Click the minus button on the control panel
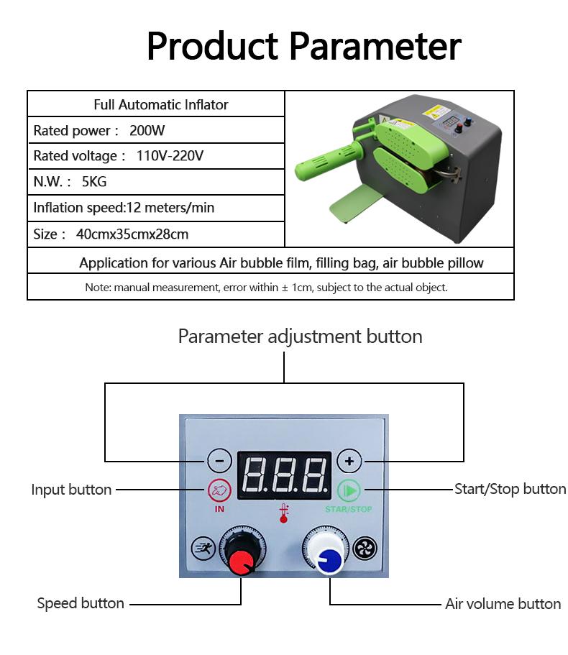click(x=220, y=460)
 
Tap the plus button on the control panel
click(x=349, y=460)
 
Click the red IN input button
click(x=220, y=491)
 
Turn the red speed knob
click(x=242, y=561)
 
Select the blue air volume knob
click(x=329, y=559)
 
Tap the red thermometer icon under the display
click(x=284, y=513)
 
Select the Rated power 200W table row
click(x=156, y=131)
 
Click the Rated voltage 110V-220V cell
click(x=156, y=156)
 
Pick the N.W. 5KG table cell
click(x=156, y=182)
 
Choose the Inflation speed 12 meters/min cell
click(x=156, y=208)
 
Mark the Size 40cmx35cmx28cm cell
click(x=156, y=234)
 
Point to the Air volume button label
click(x=503, y=604)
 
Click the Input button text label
click(x=71, y=490)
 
